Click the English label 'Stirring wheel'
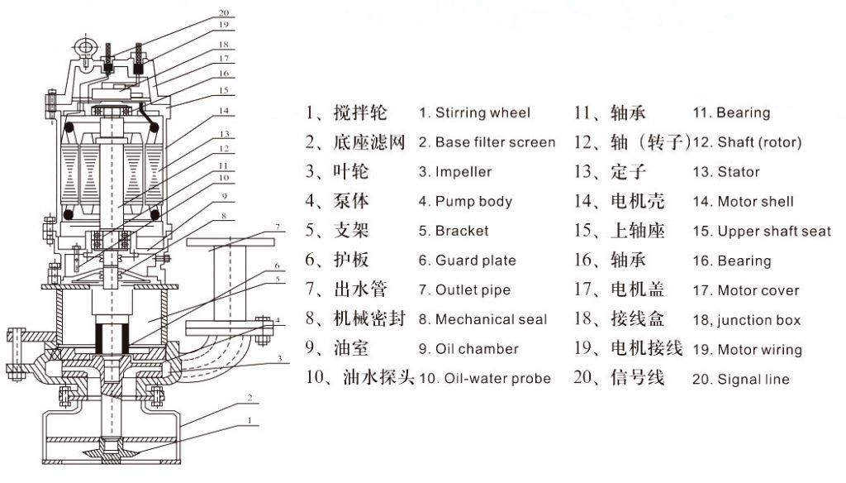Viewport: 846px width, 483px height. point(482,113)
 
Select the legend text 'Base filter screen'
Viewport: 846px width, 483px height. point(495,142)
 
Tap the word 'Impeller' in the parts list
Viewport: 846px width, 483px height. point(463,172)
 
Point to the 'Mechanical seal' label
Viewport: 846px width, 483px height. point(491,319)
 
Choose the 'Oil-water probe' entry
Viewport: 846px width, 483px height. point(497,378)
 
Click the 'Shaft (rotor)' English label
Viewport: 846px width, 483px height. point(759,142)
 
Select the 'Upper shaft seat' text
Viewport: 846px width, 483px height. point(773,232)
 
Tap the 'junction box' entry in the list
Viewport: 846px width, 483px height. point(758,320)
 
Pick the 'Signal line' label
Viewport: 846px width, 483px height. point(753,380)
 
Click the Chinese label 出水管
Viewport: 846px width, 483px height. point(360,289)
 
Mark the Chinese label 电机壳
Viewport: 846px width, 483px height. point(637,201)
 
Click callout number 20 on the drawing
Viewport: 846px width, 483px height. point(224,12)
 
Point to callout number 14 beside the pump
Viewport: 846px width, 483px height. point(224,111)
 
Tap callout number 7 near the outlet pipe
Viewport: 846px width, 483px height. point(278,227)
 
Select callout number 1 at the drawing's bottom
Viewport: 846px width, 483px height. point(250,420)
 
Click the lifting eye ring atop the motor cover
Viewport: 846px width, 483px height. point(85,47)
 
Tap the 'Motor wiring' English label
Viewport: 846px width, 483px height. point(759,350)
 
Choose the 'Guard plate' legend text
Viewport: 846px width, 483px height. point(475,261)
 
